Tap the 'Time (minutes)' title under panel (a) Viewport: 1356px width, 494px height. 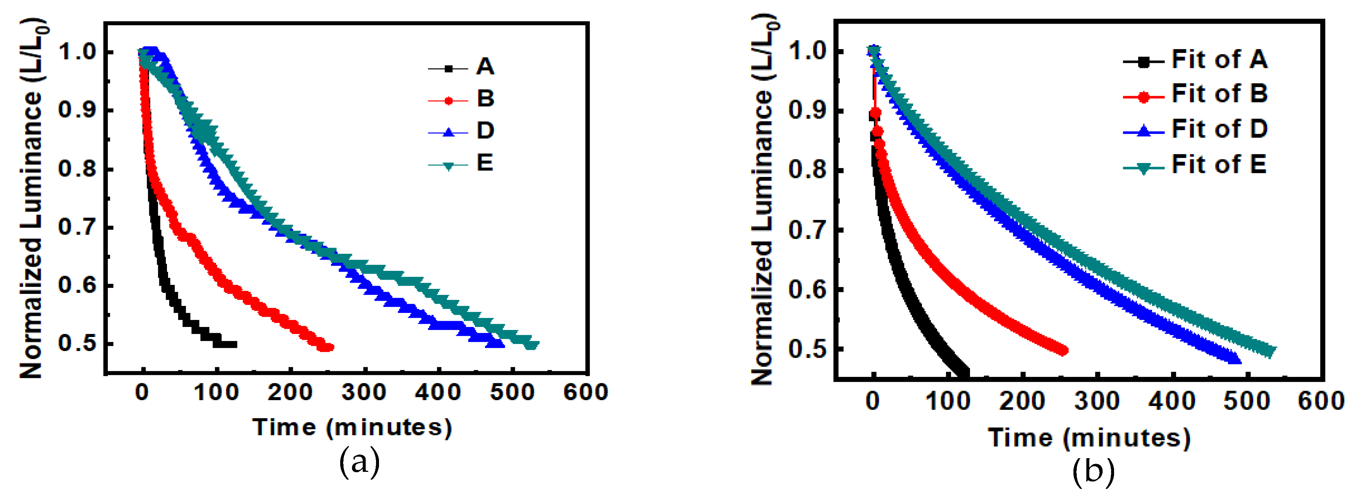[x=352, y=427]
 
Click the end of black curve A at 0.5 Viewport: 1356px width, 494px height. [x=233, y=344]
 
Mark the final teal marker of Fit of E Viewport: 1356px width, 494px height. [x=1269, y=351]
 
